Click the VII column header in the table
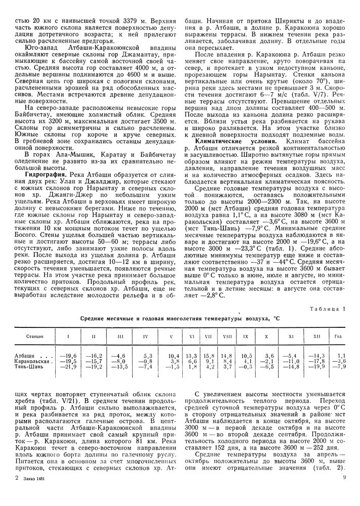pyautogui.click(x=208, y=336)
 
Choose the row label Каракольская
pyautogui.click(x=33, y=361)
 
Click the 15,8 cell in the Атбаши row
pyautogui.click(x=208, y=356)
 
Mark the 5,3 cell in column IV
pyautogui.click(x=147, y=356)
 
